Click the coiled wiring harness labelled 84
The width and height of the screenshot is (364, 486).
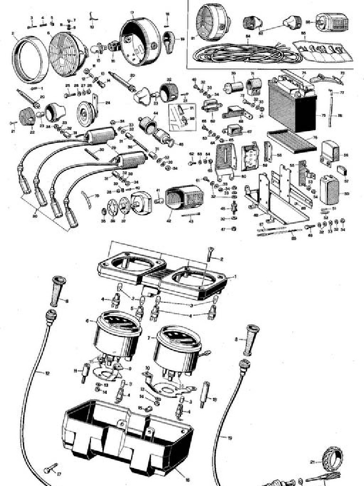(x=246, y=52)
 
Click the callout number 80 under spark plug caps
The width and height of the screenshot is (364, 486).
(x=35, y=216)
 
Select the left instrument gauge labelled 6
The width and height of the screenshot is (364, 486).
(x=118, y=336)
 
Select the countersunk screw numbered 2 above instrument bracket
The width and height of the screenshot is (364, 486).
(x=210, y=254)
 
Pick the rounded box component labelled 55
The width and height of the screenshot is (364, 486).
(x=329, y=189)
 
